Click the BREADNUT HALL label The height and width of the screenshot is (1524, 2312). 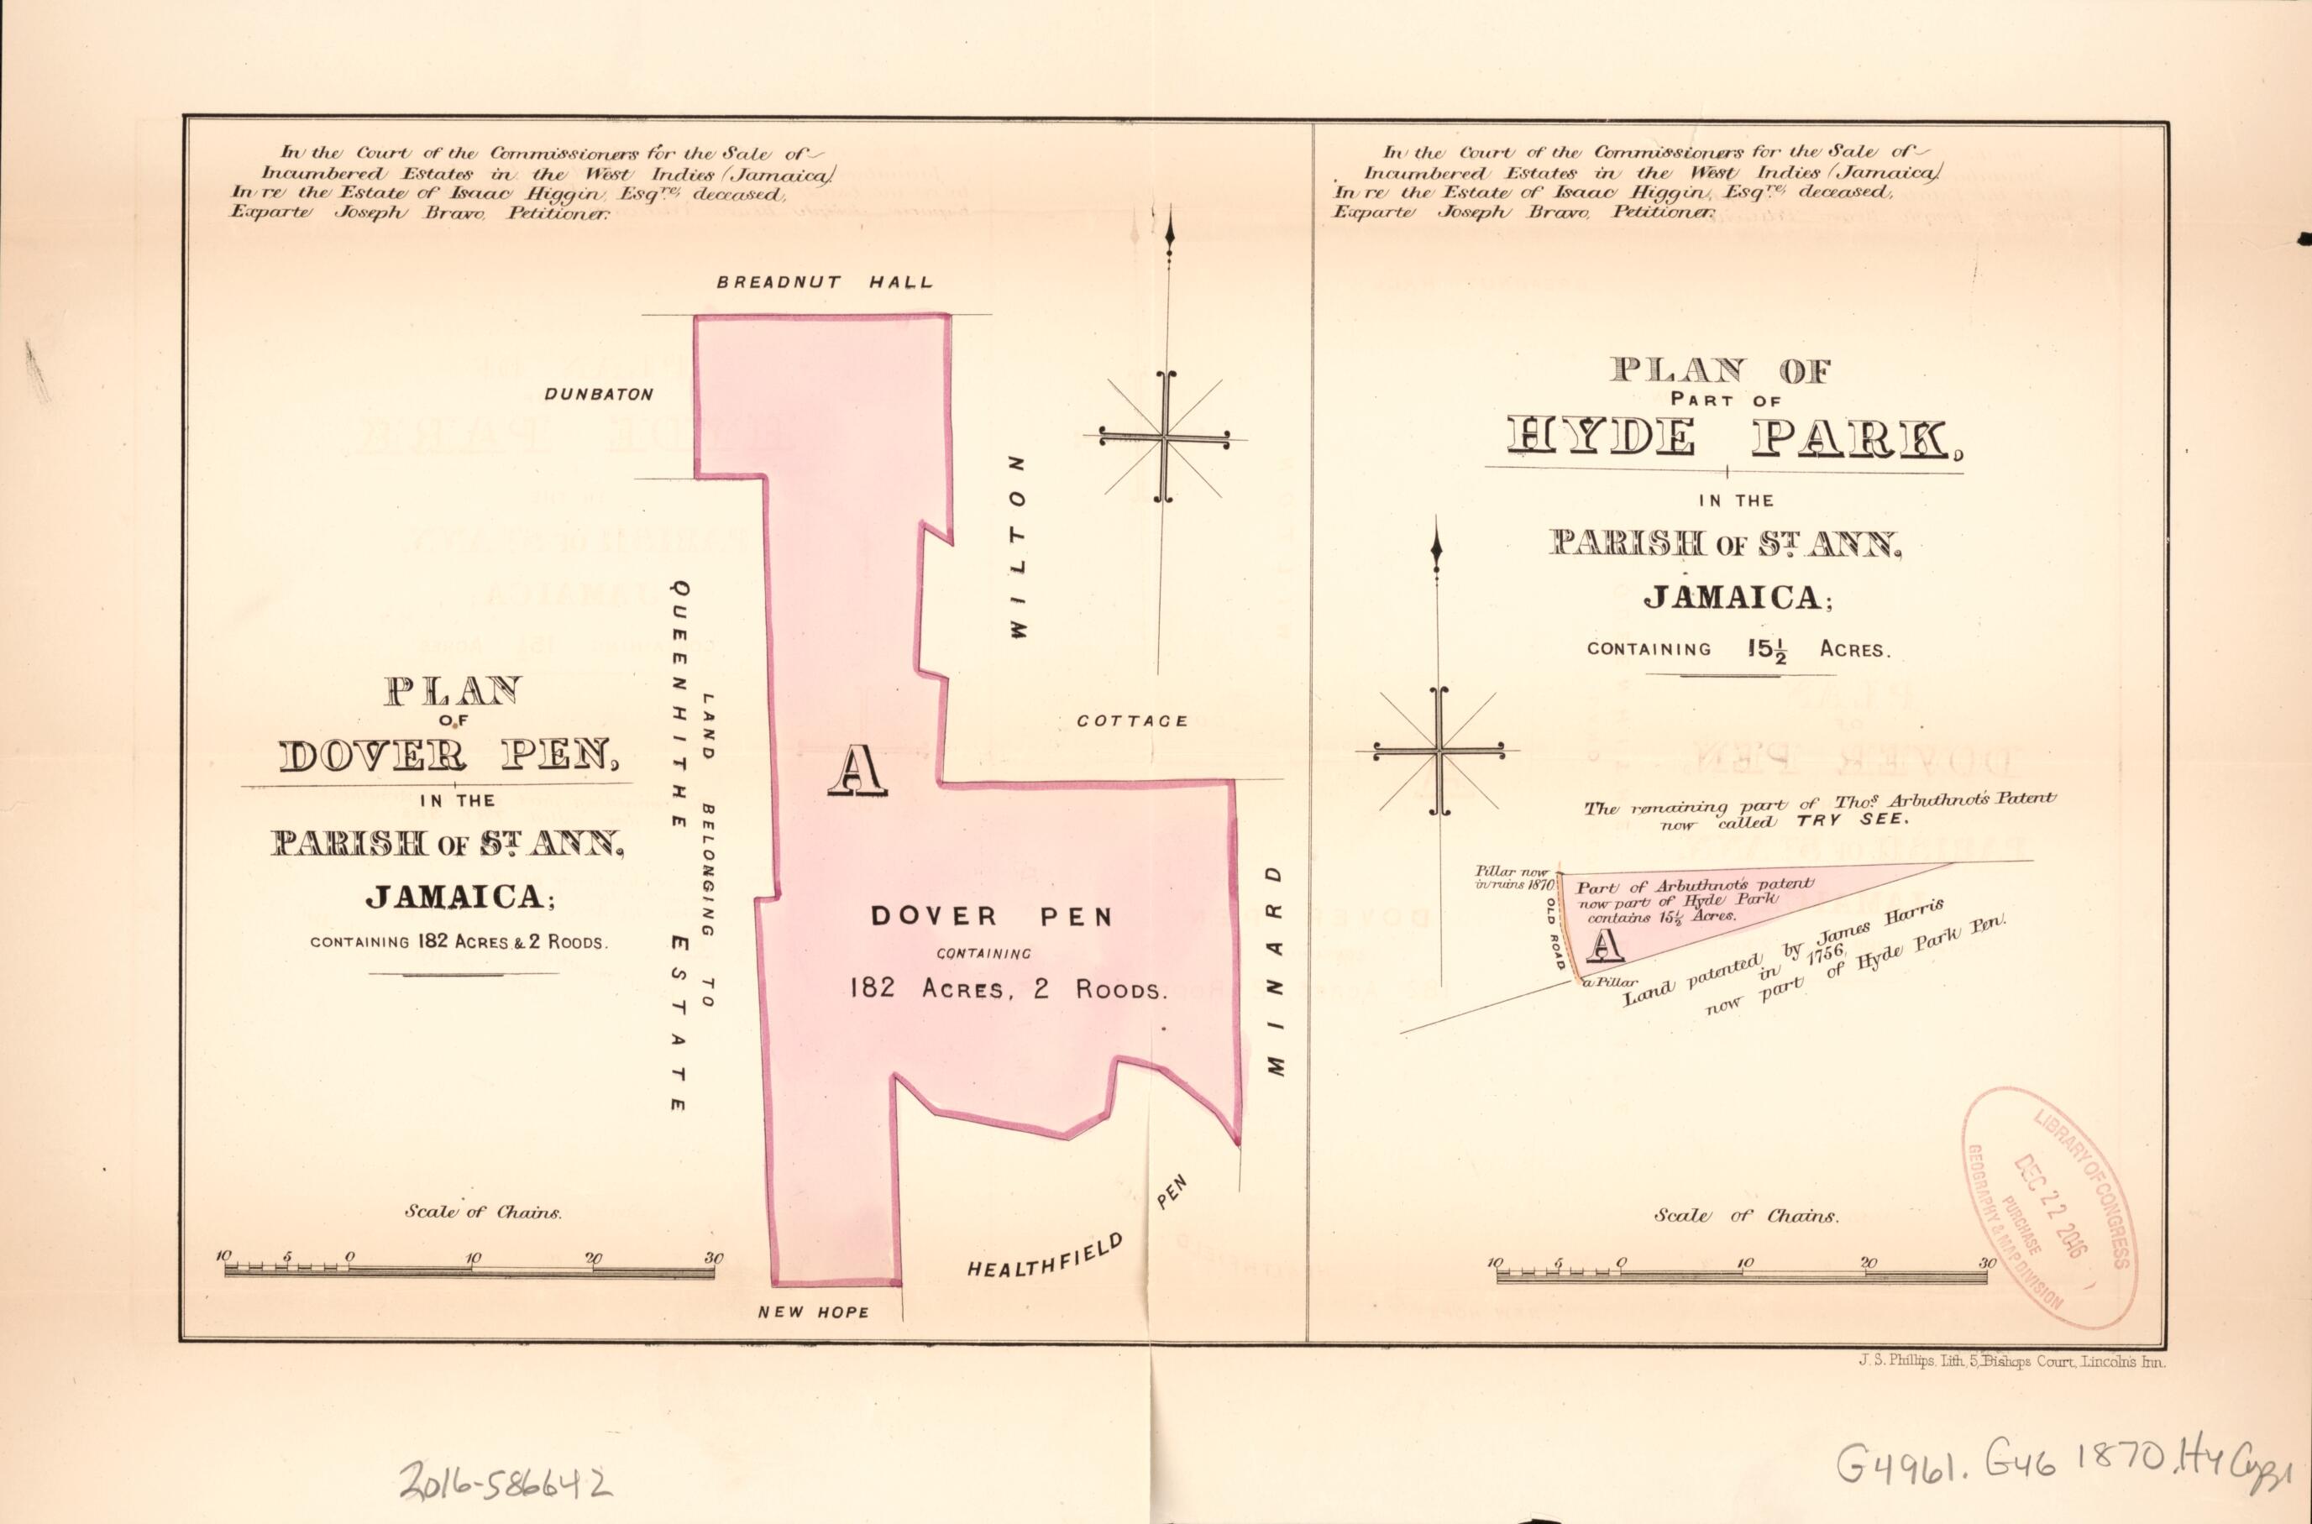(x=824, y=283)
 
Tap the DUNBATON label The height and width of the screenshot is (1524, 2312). (x=599, y=395)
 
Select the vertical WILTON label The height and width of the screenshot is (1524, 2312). (x=1018, y=547)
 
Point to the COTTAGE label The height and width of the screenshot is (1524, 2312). (x=1132, y=721)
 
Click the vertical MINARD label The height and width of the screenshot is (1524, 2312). (x=1277, y=970)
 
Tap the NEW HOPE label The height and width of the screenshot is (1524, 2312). (x=814, y=1312)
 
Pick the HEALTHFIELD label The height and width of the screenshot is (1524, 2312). (x=1046, y=1254)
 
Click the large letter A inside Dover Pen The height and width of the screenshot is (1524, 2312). (x=857, y=771)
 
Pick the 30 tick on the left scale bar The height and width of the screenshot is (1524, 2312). (x=715, y=1259)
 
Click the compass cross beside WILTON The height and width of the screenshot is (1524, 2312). (x=1163, y=437)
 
